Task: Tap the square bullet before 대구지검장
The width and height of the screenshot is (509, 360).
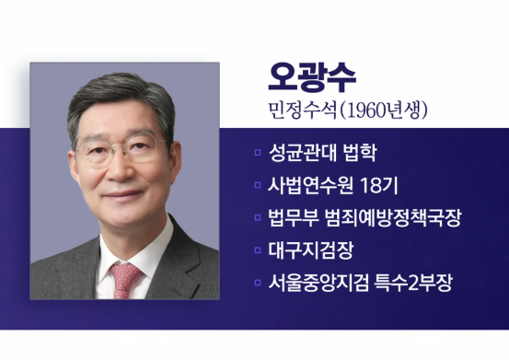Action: tap(259, 250)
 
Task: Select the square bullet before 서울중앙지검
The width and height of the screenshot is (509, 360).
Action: tap(259, 283)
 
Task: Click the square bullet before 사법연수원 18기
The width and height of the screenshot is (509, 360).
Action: tap(259, 187)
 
